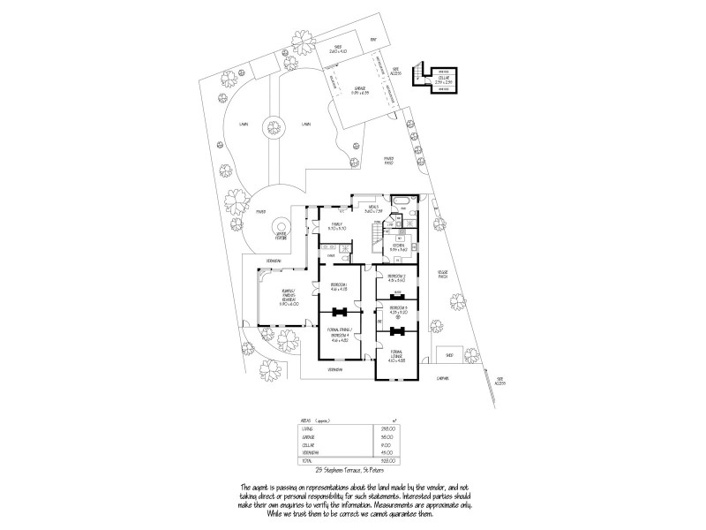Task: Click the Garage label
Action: (360, 88)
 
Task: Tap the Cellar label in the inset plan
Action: (443, 79)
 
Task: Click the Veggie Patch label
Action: (443, 276)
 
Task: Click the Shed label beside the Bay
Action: (337, 49)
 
